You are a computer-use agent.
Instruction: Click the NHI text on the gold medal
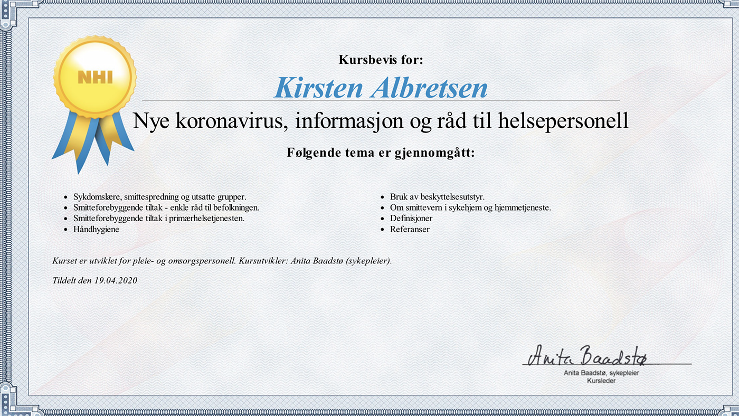(x=96, y=77)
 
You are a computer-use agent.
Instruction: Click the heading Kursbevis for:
(x=381, y=60)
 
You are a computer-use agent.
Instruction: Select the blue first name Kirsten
(x=319, y=88)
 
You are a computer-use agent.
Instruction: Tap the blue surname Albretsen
(x=429, y=88)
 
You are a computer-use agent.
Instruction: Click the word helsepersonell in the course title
(x=563, y=120)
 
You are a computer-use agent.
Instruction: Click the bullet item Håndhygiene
(x=96, y=229)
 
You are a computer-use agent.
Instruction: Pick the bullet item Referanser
(x=410, y=229)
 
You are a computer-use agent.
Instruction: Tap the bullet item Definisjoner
(x=411, y=219)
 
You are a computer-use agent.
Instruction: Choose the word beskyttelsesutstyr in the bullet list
(x=453, y=197)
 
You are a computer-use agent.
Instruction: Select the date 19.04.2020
(x=116, y=280)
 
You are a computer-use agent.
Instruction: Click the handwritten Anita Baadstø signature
(x=587, y=356)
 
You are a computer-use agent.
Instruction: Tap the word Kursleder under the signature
(x=601, y=381)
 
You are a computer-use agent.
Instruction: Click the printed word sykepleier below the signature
(x=624, y=373)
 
